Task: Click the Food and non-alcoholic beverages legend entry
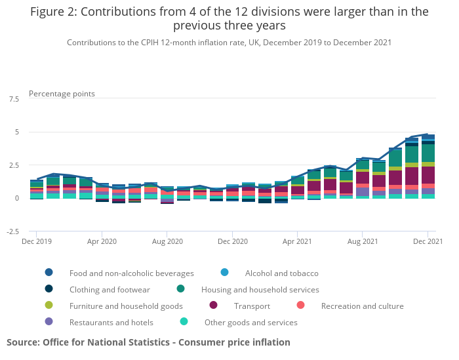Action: [x=131, y=273]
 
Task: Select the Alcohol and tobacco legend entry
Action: [x=281, y=273]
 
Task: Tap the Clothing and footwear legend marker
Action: [x=49, y=289]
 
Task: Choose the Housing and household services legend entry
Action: [x=260, y=289]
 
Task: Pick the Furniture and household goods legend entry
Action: [x=126, y=306]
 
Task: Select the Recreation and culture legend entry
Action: [x=362, y=306]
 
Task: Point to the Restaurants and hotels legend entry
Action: [x=111, y=322]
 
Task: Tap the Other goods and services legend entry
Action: [x=250, y=322]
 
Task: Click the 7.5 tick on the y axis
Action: [x=13, y=99]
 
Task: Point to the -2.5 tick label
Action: [x=12, y=231]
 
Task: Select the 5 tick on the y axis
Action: [x=16, y=132]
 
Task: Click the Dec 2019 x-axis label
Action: [x=36, y=241]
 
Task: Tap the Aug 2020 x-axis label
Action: [x=167, y=241]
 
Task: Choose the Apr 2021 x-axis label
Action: [x=296, y=241]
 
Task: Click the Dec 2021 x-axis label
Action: [x=427, y=241]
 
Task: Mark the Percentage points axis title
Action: [x=62, y=94]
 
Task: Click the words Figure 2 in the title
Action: [x=54, y=12]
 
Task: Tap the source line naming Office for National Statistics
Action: [x=148, y=342]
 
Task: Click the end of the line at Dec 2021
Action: [x=428, y=134]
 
